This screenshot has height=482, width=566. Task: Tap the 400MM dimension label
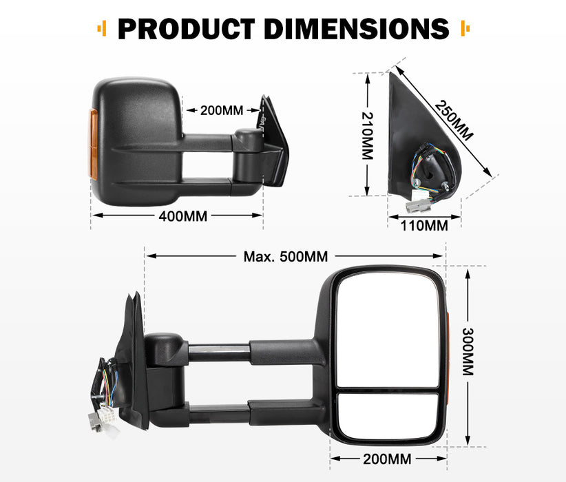(x=182, y=216)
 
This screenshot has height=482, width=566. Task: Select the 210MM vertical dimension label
(x=367, y=136)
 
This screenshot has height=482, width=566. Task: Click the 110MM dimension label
(x=424, y=224)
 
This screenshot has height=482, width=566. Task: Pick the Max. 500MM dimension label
(x=286, y=257)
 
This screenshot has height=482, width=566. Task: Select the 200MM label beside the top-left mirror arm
(x=221, y=109)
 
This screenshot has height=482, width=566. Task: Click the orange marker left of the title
(x=102, y=28)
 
